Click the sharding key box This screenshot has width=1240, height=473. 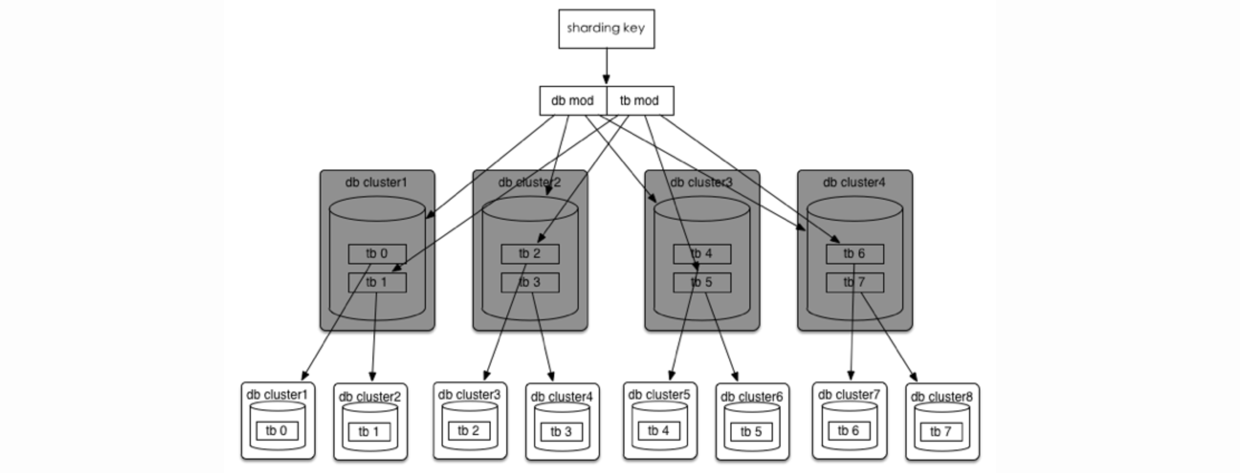(x=606, y=28)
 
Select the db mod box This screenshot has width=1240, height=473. (x=573, y=101)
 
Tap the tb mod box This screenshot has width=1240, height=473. (x=640, y=101)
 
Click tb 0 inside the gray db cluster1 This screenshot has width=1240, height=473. (x=377, y=254)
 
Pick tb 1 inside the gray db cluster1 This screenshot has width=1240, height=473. (x=377, y=283)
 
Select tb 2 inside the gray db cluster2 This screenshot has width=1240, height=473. (x=530, y=254)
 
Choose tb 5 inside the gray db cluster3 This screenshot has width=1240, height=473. (x=701, y=283)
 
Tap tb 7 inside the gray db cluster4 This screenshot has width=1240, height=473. (x=854, y=283)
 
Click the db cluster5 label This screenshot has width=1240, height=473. (x=659, y=394)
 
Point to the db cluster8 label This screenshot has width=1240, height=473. (x=942, y=397)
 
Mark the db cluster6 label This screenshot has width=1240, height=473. (x=752, y=397)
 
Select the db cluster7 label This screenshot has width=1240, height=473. (x=849, y=394)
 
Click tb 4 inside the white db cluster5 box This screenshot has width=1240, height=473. (x=658, y=431)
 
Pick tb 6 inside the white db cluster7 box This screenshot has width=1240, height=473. (x=848, y=431)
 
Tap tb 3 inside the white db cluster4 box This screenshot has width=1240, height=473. (x=561, y=432)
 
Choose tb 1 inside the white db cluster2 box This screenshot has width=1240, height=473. (x=369, y=432)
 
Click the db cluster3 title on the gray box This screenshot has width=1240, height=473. (x=701, y=182)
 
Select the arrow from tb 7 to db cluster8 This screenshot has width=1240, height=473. (x=889, y=337)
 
